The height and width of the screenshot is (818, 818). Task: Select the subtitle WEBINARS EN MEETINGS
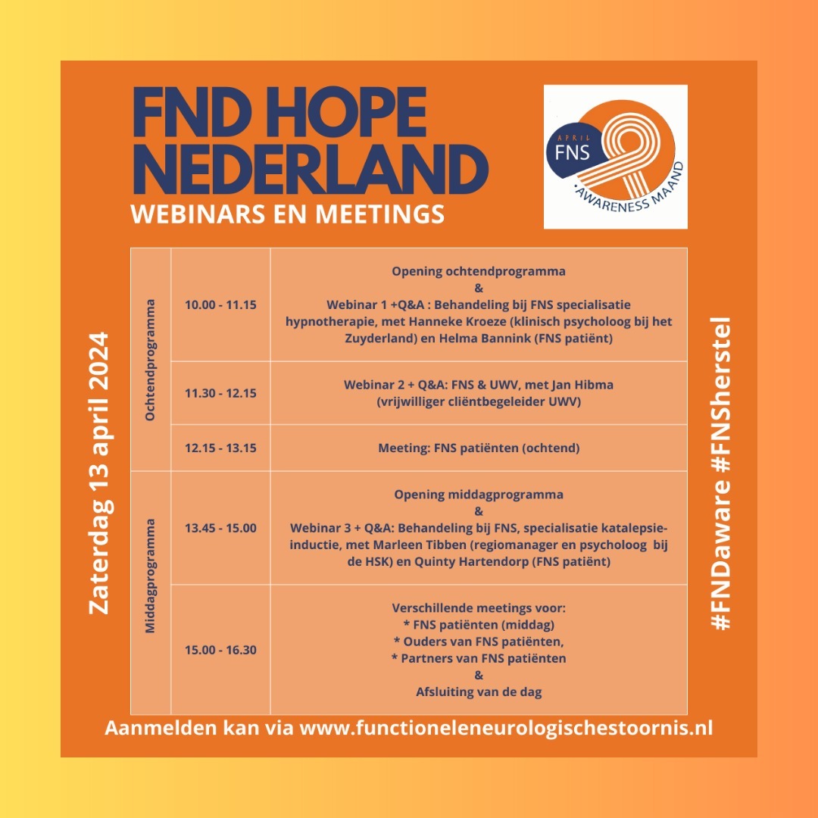point(287,214)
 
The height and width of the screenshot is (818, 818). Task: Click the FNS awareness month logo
point(615,156)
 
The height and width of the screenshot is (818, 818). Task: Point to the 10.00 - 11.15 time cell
point(220,304)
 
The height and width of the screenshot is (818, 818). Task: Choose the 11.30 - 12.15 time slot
point(220,393)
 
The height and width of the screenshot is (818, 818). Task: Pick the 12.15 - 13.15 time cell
point(220,448)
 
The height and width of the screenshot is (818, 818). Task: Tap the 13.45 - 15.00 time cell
point(220,527)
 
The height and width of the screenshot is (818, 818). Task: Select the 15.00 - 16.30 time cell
point(220,649)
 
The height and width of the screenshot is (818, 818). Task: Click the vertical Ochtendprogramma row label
point(151,359)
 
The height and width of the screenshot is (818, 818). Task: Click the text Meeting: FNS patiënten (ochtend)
point(479,448)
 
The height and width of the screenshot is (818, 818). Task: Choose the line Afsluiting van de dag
point(479,691)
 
